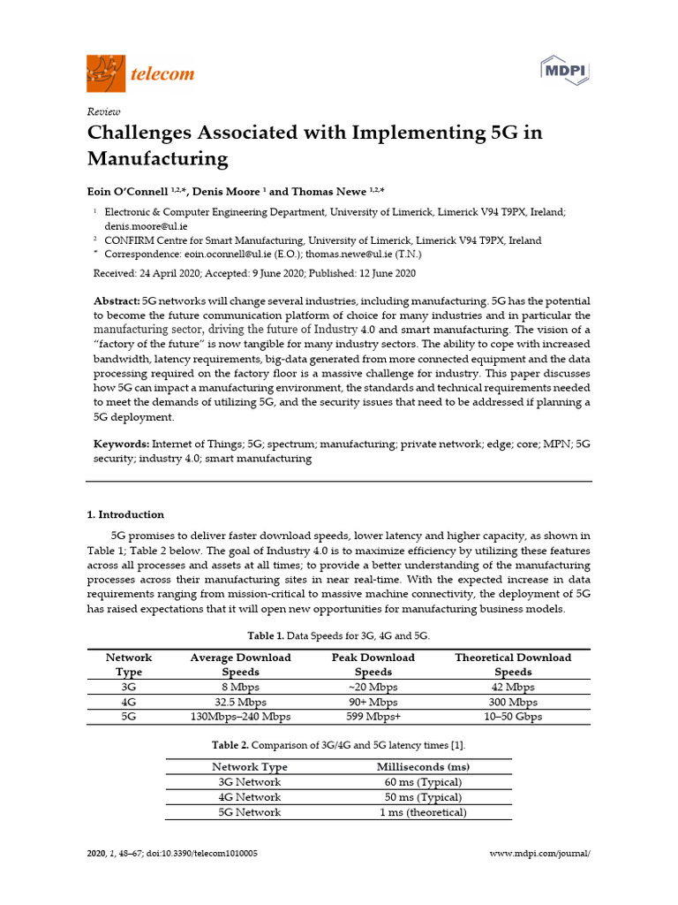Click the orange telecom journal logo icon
click(x=106, y=73)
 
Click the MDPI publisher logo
click(x=564, y=70)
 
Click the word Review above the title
click(x=103, y=111)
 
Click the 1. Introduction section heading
click(x=124, y=514)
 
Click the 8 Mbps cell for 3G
click(x=240, y=687)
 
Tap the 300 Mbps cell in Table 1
click(x=512, y=702)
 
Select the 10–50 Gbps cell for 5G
click(x=512, y=717)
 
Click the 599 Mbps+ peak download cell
click(x=373, y=717)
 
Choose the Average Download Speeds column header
click(x=240, y=665)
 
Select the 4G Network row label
click(x=250, y=797)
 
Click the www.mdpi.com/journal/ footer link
click(x=539, y=854)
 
